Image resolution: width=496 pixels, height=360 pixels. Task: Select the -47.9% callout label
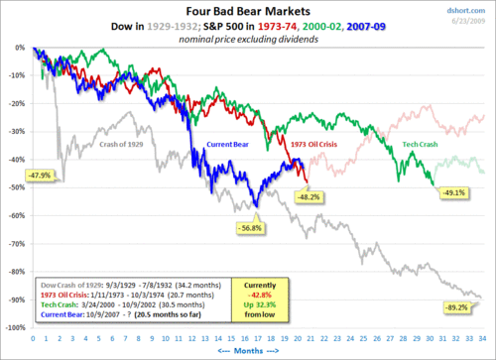[39, 175]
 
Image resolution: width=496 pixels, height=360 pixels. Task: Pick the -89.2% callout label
[455, 309]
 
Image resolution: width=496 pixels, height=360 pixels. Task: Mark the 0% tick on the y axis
[19, 48]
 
